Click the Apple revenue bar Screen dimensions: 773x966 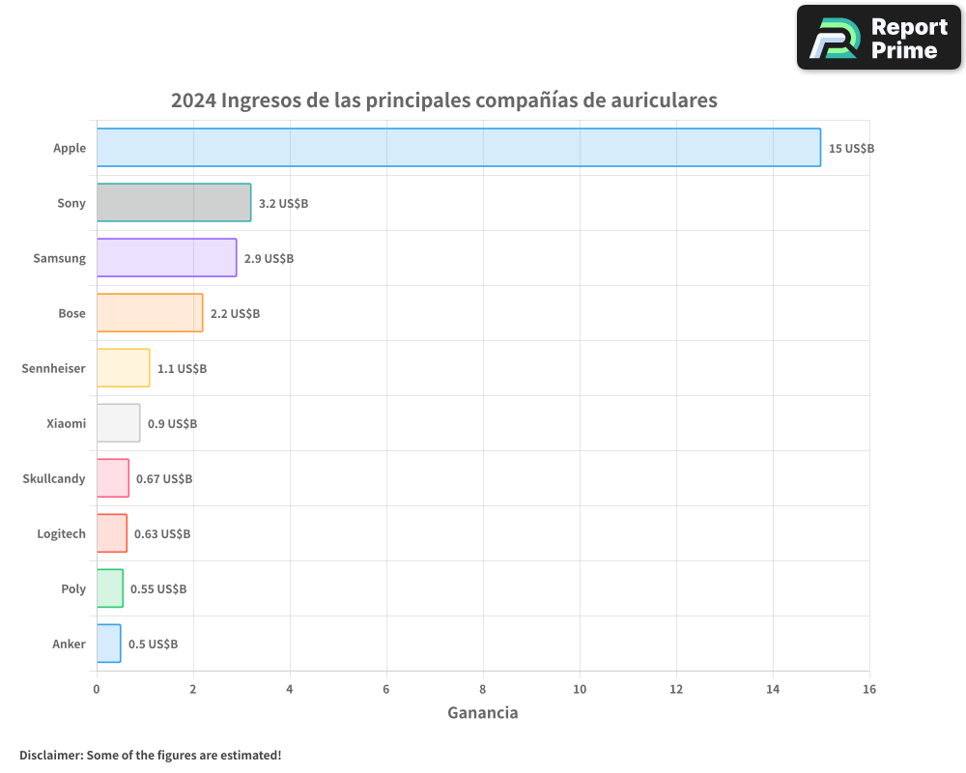459,148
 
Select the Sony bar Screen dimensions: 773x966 174,203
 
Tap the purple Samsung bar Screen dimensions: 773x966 166,258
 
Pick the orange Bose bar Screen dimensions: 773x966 150,313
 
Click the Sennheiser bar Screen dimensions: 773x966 123,368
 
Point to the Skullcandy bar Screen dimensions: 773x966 112,478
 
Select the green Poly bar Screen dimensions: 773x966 109,588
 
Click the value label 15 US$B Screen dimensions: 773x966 851,149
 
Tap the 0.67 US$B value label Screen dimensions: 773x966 164,479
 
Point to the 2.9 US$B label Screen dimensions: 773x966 269,259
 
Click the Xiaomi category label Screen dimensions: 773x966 66,423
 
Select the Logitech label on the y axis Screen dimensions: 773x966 61,533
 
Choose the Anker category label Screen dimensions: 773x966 70,644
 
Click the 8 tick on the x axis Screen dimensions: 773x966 483,689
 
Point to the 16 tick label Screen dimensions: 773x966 869,689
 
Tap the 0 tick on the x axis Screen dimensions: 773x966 97,689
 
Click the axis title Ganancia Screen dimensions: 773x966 483,713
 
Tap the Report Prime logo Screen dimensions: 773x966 879,38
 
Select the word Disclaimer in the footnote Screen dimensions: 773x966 50,755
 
